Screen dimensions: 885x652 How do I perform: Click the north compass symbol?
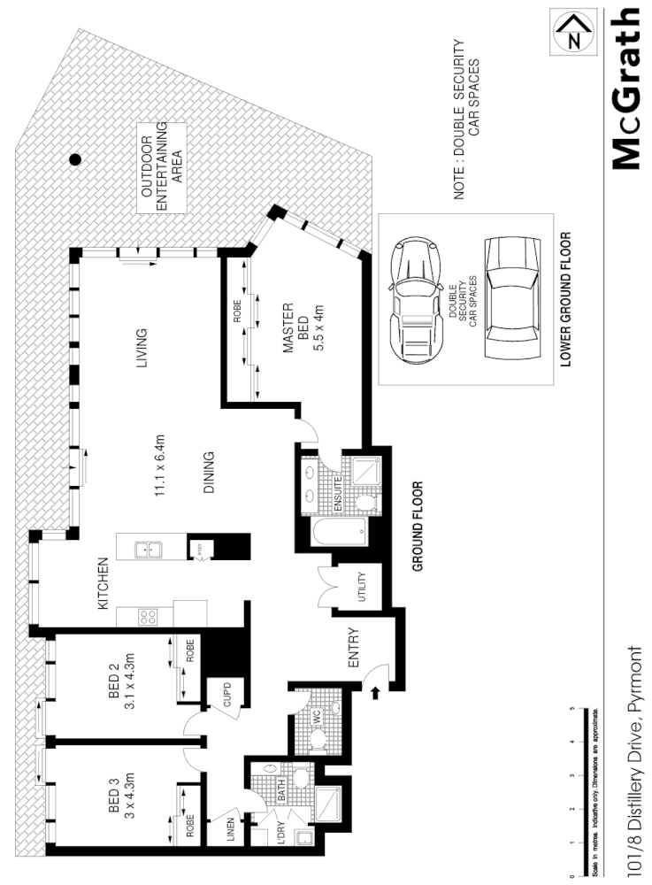tap(574, 33)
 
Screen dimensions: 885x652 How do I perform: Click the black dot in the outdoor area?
tap(76, 159)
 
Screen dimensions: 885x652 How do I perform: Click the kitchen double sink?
tap(147, 550)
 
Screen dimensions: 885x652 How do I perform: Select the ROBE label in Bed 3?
tap(190, 827)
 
